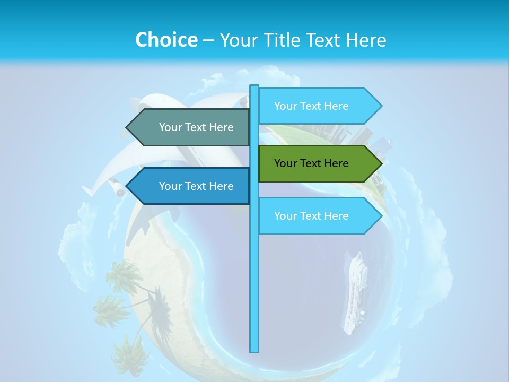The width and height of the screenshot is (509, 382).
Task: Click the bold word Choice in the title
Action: coord(166,40)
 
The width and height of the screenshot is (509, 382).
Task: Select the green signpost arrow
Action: coord(318,163)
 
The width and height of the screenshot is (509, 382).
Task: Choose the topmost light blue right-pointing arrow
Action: coord(318,106)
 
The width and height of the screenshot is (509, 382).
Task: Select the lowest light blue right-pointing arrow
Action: coord(318,216)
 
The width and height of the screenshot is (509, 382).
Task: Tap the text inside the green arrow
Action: coord(311,163)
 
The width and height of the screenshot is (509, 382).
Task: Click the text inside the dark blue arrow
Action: coord(196,186)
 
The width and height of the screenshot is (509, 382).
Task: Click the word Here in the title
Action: coord(366,40)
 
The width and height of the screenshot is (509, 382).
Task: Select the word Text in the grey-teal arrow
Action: coord(196,127)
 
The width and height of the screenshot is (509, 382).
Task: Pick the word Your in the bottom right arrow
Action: coord(286,216)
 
